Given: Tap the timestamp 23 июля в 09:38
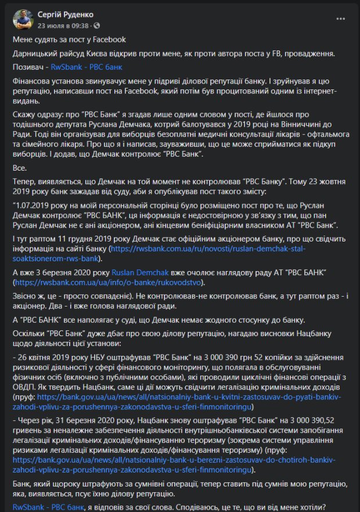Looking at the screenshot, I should pyautogui.click(x=63, y=26).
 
